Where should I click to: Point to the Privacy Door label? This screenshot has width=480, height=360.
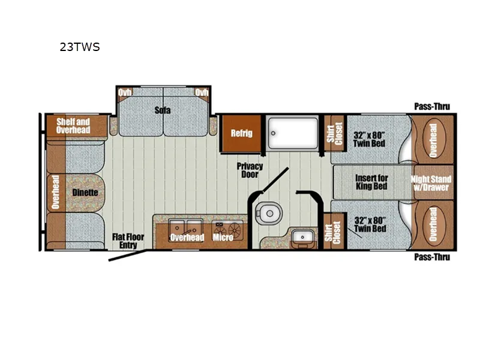250,170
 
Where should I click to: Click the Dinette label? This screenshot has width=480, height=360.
85,193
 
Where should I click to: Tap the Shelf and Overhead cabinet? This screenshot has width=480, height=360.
73,126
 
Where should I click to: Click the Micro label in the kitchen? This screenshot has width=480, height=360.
223,238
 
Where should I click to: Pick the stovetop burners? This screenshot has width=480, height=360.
228,228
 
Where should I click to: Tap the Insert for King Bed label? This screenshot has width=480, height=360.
371,182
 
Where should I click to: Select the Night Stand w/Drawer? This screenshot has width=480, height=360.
431,183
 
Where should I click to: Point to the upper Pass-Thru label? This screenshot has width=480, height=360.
432,107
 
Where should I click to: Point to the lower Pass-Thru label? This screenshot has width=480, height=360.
432,257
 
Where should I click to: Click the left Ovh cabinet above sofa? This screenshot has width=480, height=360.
125,92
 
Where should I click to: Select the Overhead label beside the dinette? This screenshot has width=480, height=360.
56,193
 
